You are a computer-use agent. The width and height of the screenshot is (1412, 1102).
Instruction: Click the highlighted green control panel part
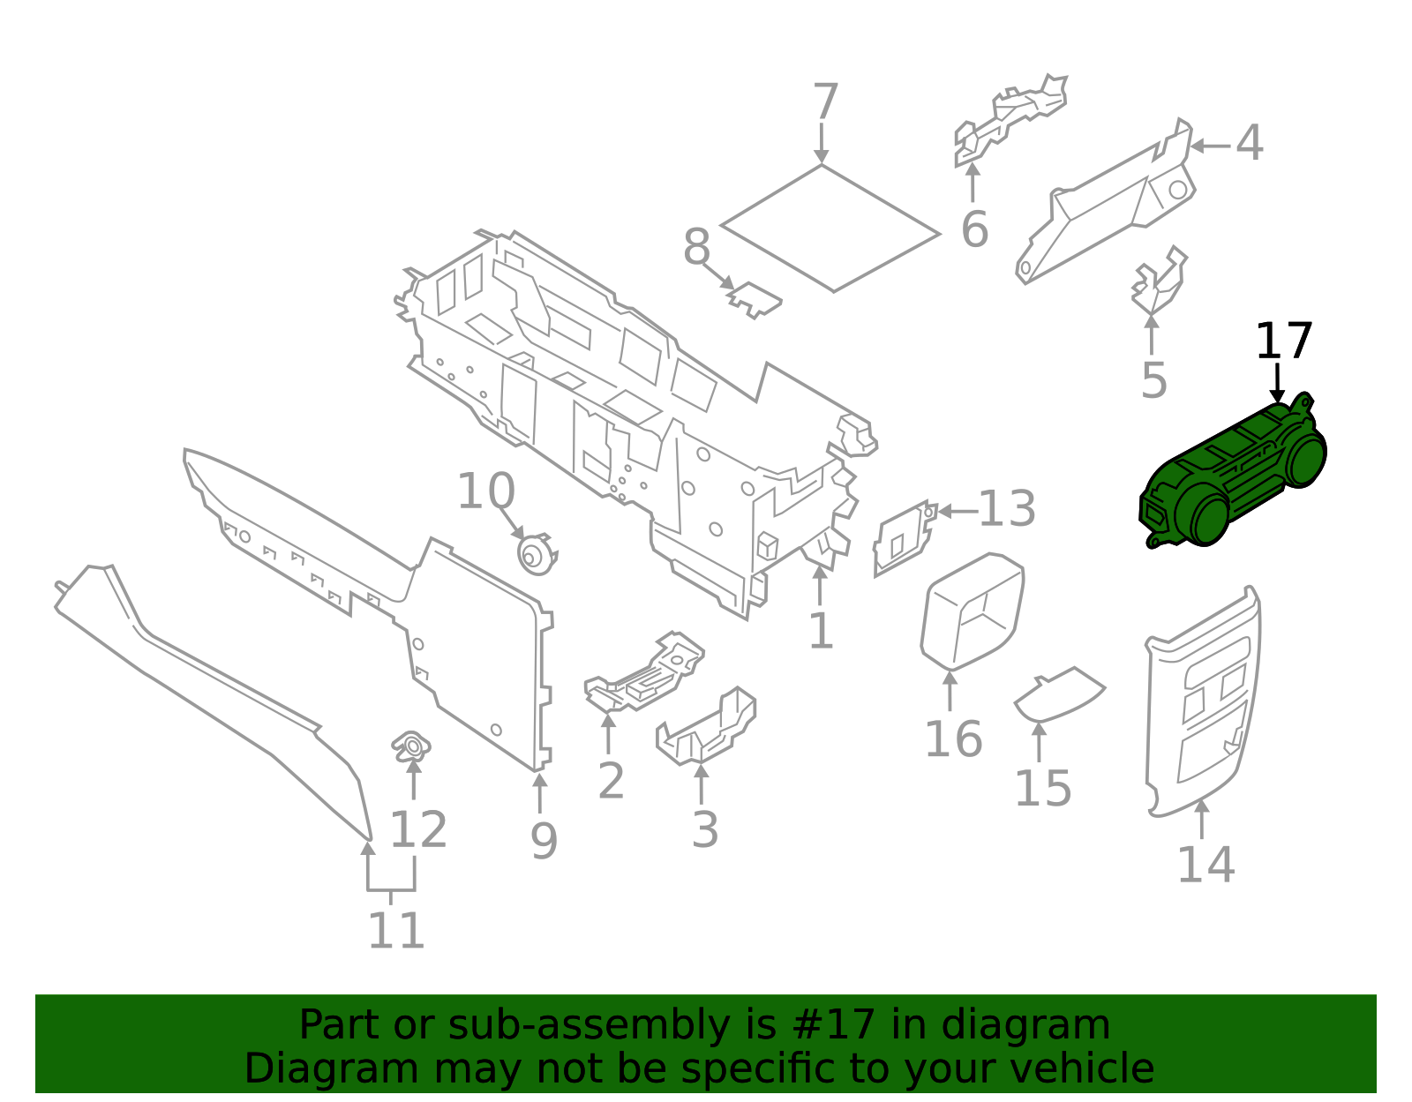click(x=1235, y=476)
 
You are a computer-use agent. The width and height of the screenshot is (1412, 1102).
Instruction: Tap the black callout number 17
click(x=1284, y=341)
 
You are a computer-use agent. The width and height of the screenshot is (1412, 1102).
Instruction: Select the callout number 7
click(x=824, y=103)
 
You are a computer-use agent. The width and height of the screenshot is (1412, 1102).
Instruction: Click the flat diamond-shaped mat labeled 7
click(x=830, y=228)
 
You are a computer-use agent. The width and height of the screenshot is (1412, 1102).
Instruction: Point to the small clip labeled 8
click(x=755, y=299)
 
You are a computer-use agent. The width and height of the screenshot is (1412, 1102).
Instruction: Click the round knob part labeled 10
click(x=535, y=555)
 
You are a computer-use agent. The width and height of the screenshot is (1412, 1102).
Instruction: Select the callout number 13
click(x=1007, y=510)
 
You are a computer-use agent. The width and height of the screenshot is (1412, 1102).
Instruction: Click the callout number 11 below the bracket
click(x=396, y=931)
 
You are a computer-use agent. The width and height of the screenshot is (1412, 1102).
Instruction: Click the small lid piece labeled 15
click(x=1059, y=693)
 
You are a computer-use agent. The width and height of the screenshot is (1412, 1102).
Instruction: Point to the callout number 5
click(x=1153, y=380)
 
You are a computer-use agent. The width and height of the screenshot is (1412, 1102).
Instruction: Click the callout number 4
click(x=1249, y=144)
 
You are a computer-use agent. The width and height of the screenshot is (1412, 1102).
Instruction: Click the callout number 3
click(x=704, y=829)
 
